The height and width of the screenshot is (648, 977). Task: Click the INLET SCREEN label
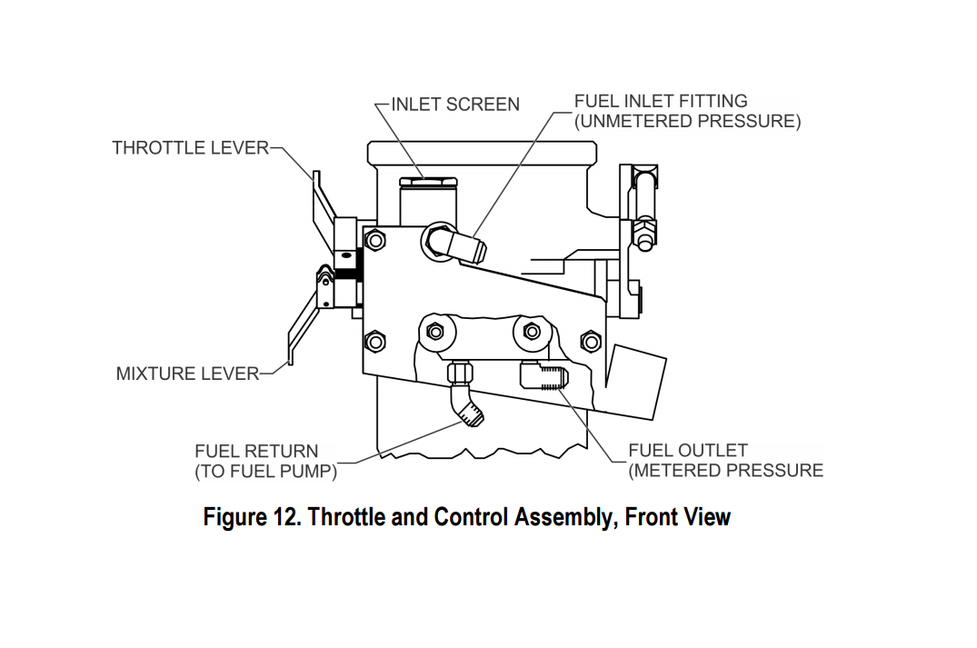coord(455,105)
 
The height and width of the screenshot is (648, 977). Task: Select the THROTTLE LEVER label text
coord(191,147)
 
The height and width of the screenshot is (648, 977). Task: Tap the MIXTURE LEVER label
coord(187,374)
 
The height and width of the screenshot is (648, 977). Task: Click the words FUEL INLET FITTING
coord(661,101)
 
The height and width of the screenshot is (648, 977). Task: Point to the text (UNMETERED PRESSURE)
coord(687,122)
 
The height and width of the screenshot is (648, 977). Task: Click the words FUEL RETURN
coord(256,451)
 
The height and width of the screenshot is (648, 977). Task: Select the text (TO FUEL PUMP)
coord(265,472)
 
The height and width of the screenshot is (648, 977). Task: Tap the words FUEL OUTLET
coord(688,451)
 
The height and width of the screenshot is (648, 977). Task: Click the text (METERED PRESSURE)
coord(725,471)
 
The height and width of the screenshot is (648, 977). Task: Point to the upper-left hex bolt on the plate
coord(374,240)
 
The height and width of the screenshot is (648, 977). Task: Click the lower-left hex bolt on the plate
coord(374,342)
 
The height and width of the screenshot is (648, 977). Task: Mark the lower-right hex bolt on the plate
coord(590,342)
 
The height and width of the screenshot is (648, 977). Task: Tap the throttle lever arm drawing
coord(319,204)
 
